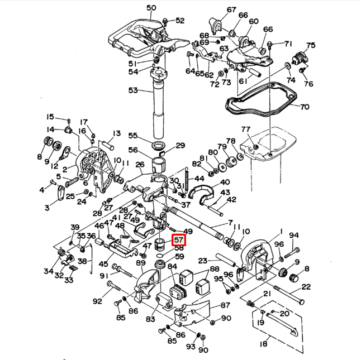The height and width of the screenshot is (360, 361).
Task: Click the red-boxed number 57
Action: pos(179,240)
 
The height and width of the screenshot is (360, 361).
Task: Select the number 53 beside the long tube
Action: pos(133,90)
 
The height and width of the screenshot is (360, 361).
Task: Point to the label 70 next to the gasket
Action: pos(305,106)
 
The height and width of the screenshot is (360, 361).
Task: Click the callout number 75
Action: pos(311,45)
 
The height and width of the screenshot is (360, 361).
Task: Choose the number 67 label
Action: pos(231,9)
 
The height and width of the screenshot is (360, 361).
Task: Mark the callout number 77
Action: pos(245,130)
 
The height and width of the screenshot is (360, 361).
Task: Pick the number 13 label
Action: pos(116,133)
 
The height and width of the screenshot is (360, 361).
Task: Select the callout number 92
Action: pos(97,301)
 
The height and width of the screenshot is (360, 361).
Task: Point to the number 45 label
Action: pos(102,264)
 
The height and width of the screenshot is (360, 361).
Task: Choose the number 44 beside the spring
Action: pos(199,179)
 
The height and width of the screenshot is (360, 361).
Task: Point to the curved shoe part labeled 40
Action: pos(202,193)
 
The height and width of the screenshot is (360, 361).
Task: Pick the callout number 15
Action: pos(50,117)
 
